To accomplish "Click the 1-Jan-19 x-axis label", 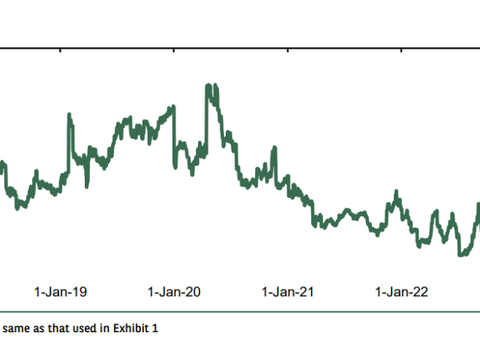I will (61, 292).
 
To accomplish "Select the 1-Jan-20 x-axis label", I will (174, 292).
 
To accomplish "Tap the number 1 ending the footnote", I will (156, 328).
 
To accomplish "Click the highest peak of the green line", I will (208, 86).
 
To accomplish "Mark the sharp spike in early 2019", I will (69, 115).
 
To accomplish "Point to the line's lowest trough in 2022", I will (460, 254).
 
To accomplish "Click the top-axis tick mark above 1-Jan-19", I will (61, 51).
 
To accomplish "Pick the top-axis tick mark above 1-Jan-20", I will (174, 51).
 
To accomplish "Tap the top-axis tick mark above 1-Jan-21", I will (289, 51).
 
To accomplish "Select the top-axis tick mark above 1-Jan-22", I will (402, 51).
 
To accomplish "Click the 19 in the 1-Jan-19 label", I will (80, 292).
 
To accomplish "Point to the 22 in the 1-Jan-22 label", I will (421, 292).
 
